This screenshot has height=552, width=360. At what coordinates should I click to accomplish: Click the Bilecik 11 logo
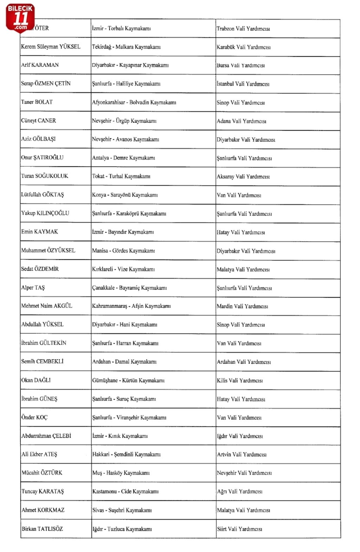(20, 18)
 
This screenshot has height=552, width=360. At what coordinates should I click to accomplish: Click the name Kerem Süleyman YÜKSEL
(51, 47)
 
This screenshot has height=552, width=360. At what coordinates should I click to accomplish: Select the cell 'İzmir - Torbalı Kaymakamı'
(121, 28)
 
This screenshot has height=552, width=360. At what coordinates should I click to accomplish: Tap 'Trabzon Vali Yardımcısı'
(243, 29)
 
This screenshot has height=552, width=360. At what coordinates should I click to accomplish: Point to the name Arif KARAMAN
(40, 65)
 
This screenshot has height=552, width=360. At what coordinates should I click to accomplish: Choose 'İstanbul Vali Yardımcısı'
(243, 84)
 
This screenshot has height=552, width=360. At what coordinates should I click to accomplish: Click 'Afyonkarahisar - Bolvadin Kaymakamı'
(134, 102)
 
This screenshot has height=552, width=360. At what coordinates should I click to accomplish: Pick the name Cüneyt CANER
(38, 121)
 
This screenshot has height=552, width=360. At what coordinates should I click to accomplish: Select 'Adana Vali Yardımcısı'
(241, 121)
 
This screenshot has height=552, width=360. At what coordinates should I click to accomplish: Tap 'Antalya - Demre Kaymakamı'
(123, 158)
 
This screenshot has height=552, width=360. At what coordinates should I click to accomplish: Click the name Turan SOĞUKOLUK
(45, 176)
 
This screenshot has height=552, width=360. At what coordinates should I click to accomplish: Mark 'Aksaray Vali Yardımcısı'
(243, 177)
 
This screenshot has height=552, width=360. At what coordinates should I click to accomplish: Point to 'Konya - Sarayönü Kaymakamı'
(125, 195)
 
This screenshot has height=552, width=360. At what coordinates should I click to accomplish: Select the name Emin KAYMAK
(39, 232)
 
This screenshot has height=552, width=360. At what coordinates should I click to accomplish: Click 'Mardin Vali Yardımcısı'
(242, 306)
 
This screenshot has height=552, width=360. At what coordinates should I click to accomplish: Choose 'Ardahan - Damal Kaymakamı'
(124, 362)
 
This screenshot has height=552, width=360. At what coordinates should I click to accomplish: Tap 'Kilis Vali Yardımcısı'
(240, 381)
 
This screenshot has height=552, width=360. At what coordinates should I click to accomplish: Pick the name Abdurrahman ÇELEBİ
(46, 436)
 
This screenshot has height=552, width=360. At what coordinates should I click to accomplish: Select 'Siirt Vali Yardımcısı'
(239, 529)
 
